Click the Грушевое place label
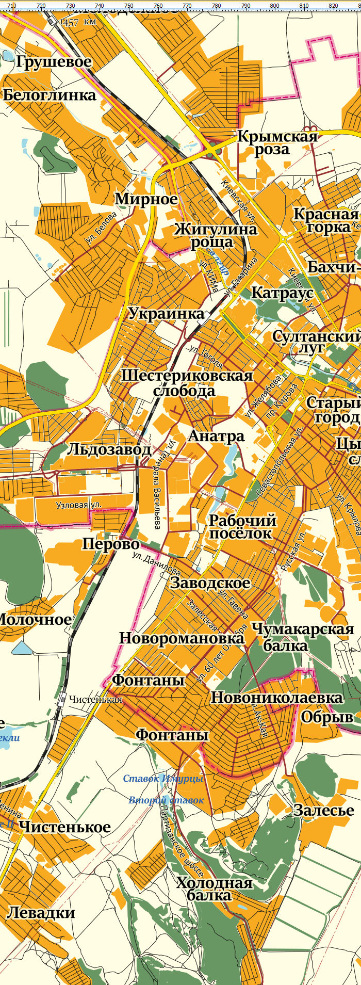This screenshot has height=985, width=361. [x=54, y=62]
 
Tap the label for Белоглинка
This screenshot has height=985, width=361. [x=50, y=95]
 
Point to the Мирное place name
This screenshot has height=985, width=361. [x=146, y=199]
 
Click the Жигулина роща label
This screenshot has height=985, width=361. [x=215, y=235]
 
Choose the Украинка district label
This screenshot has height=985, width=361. [x=166, y=314]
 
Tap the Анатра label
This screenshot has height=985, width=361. [x=216, y=436]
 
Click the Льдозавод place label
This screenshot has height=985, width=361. [x=109, y=450]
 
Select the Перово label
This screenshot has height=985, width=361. [x=111, y=544]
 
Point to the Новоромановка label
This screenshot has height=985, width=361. [x=182, y=638]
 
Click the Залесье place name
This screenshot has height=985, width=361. [x=324, y=810]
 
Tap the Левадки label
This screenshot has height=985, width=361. [x=41, y=912]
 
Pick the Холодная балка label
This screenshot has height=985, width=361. [x=215, y=889]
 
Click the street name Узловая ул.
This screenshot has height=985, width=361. [x=79, y=505]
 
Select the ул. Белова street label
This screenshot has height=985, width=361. [x=102, y=228]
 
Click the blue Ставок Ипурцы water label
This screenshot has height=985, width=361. [x=163, y=779]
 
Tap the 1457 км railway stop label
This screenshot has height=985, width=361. [x=78, y=22]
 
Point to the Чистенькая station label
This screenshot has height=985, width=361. [x=96, y=700]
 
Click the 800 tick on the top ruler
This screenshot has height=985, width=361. [x=275, y=5]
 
